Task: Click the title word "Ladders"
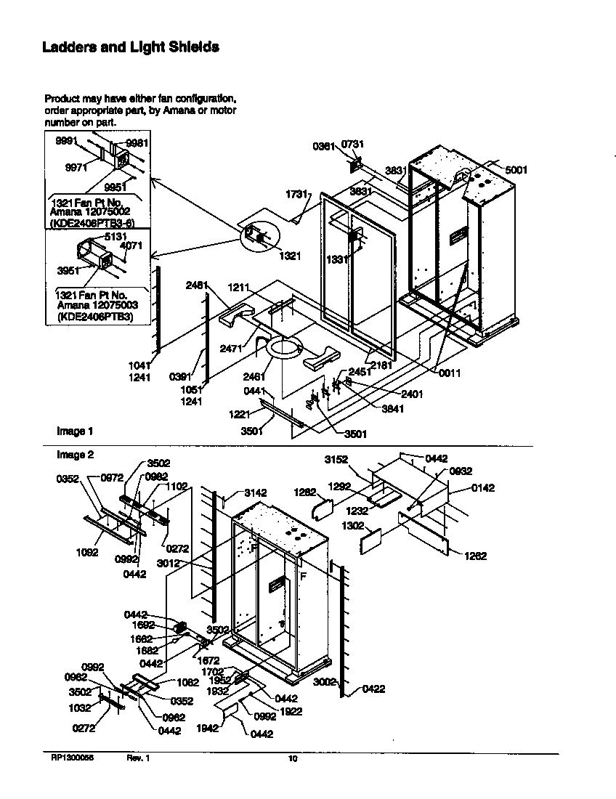(68, 48)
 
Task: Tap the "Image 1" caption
(75, 431)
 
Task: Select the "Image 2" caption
(75, 455)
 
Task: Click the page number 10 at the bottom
(293, 760)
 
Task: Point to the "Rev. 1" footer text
(138, 759)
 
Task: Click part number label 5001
(516, 170)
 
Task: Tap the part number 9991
(68, 142)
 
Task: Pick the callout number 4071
(131, 246)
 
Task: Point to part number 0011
(450, 373)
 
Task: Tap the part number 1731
(298, 195)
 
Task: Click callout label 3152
(336, 459)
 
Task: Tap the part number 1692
(143, 624)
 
